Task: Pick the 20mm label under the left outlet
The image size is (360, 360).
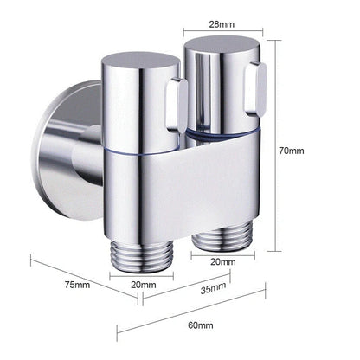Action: click(143, 284)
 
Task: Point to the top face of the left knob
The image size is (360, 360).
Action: click(138, 63)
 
